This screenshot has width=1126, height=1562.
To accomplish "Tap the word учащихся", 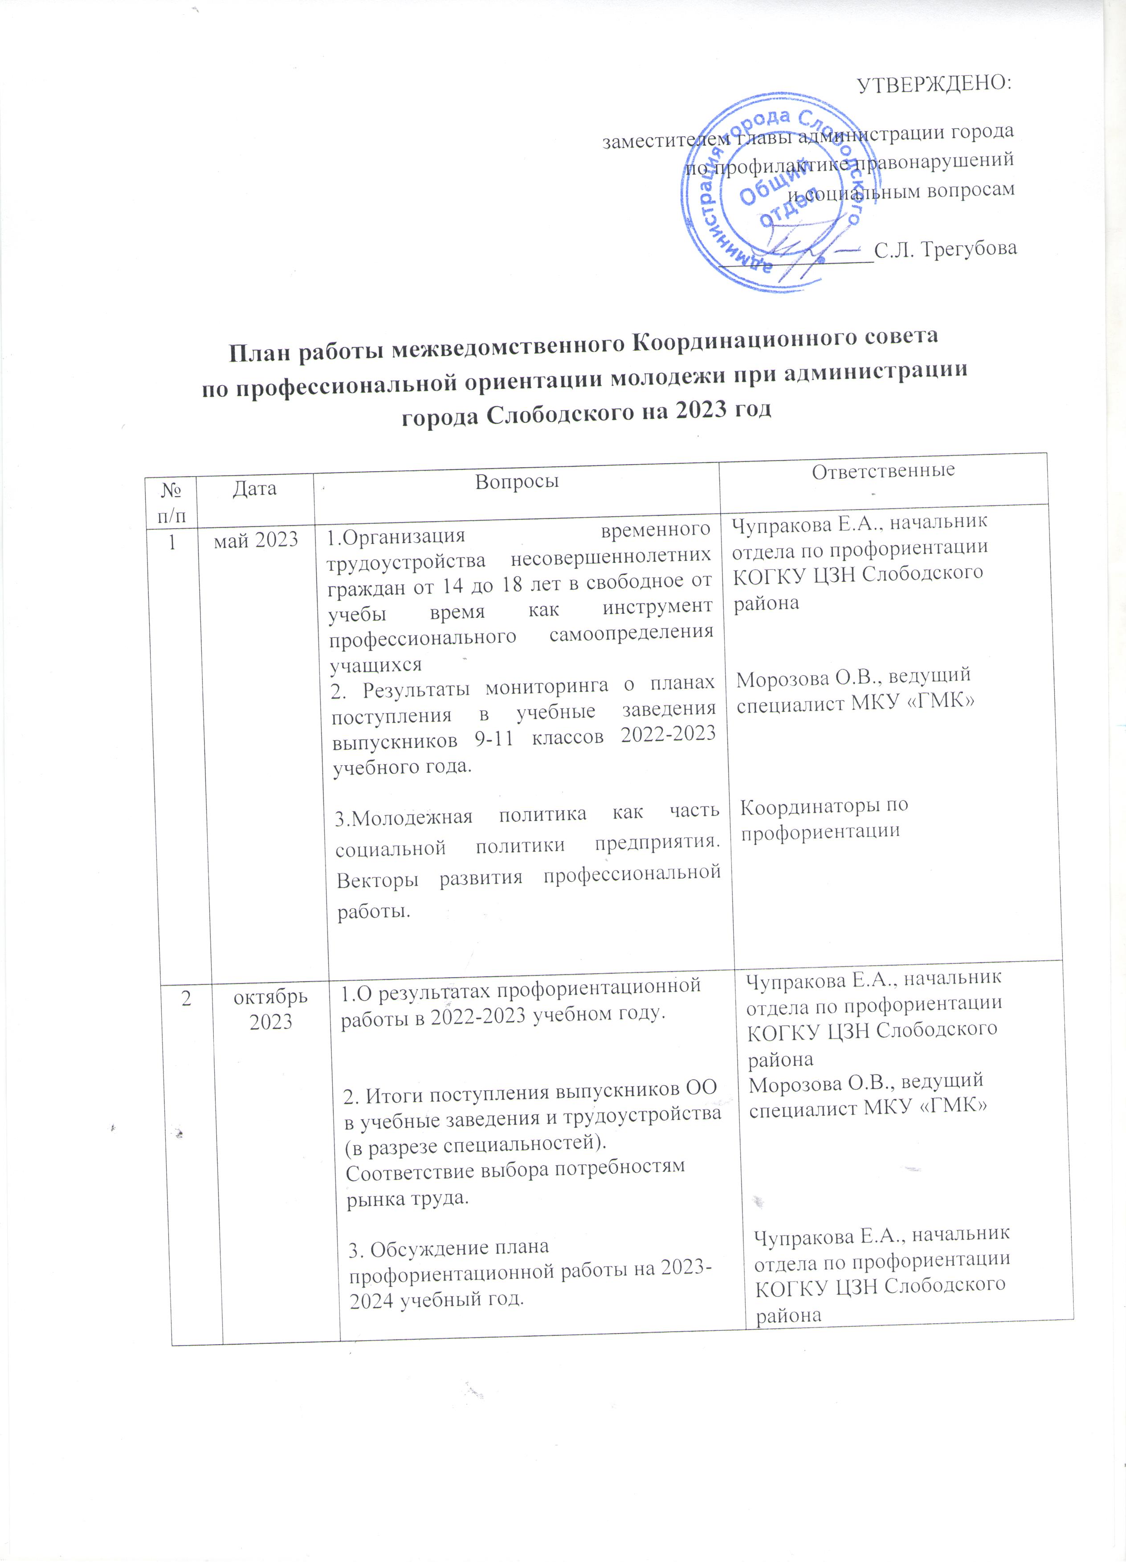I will click(375, 665).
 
